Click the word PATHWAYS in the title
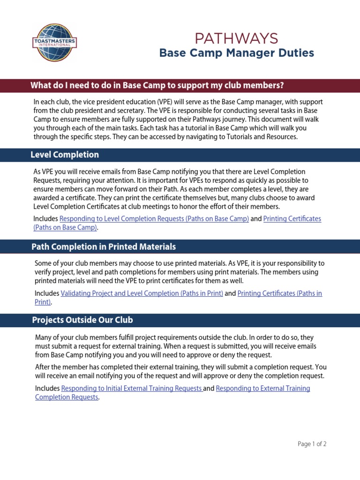(236, 38)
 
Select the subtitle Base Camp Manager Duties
(236, 53)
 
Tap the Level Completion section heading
(65, 155)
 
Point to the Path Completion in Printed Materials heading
(104, 247)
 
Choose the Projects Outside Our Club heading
(82, 320)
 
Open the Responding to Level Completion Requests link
(154, 219)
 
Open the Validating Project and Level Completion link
(142, 293)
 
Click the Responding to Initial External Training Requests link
(132, 389)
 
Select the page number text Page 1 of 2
(312, 444)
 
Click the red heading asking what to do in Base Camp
(157, 85)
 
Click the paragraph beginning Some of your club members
(180, 272)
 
